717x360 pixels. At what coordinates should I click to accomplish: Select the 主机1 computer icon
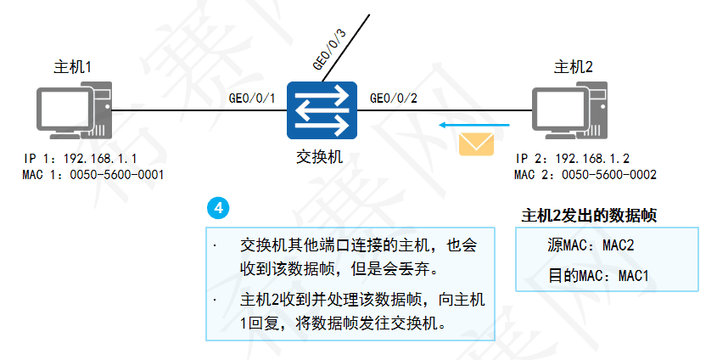pos(74,111)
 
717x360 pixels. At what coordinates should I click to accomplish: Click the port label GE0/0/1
pos(252,98)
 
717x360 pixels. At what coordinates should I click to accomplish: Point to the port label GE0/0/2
pos(393,98)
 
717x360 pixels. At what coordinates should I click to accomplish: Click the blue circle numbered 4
pos(218,208)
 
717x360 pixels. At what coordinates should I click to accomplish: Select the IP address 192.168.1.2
pos(592,159)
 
